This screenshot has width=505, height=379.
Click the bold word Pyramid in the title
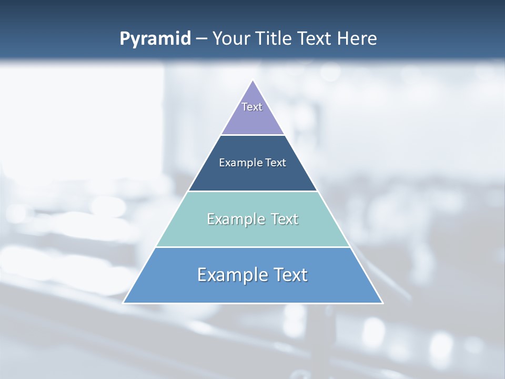click(x=155, y=39)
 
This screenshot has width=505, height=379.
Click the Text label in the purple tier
click(x=252, y=107)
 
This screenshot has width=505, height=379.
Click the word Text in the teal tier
click(x=285, y=219)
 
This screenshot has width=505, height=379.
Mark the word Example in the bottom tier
click(x=232, y=275)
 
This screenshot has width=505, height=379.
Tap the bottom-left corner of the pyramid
click(x=124, y=303)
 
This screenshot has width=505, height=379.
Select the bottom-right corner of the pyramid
click(x=382, y=303)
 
